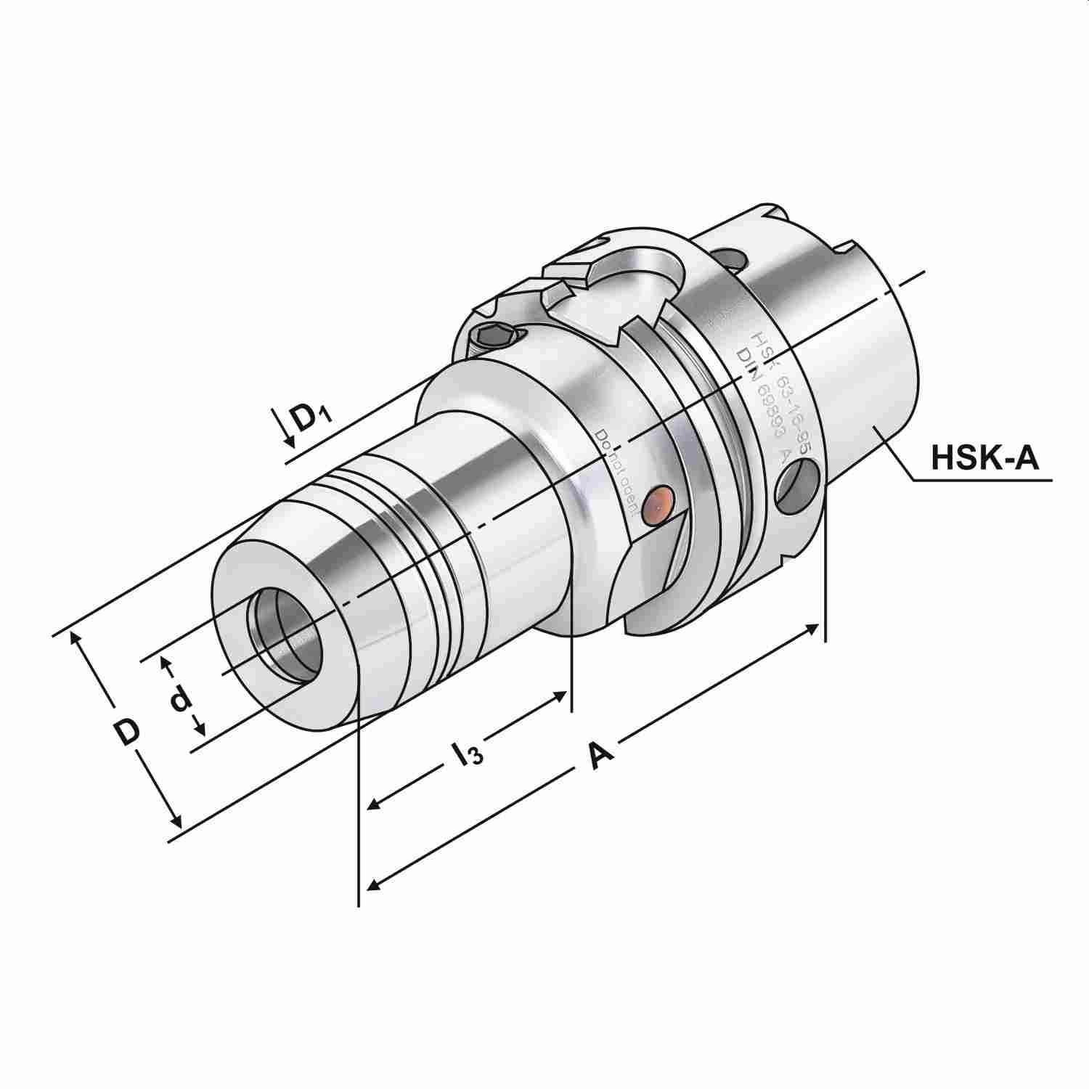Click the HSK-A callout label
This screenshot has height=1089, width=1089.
pos(985,458)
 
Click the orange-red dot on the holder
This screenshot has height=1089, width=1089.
pos(659,502)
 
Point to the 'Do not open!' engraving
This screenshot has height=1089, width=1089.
pos(617,472)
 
